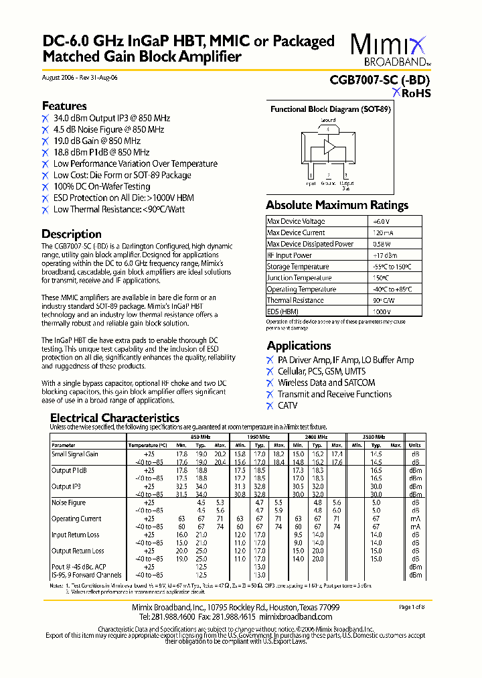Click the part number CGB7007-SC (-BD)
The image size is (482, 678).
(x=380, y=80)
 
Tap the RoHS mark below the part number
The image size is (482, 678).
(x=412, y=93)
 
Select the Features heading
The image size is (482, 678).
(x=64, y=106)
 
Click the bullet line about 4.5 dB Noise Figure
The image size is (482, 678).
(x=108, y=129)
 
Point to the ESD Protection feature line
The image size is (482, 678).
(x=123, y=198)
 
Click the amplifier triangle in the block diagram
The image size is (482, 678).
(x=329, y=148)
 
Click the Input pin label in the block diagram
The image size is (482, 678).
(x=311, y=182)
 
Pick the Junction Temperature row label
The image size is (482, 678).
(x=299, y=278)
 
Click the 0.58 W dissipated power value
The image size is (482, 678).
(x=382, y=244)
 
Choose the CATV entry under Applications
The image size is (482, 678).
(x=288, y=405)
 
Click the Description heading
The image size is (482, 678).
(x=72, y=234)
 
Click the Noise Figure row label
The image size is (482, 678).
(x=69, y=502)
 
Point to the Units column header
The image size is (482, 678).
(x=415, y=445)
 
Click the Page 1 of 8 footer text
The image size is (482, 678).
(x=412, y=607)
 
